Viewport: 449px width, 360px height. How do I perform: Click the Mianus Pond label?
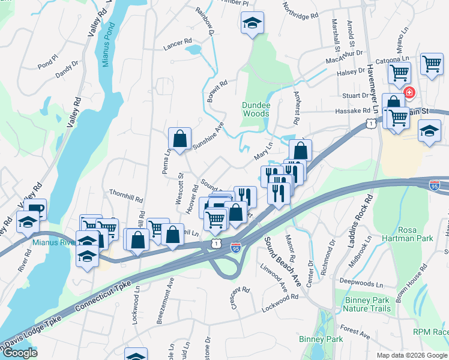107,46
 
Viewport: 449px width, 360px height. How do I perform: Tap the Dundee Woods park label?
255,109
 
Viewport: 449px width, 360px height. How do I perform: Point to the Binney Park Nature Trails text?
366,304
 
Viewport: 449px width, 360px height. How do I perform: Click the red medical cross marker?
409,93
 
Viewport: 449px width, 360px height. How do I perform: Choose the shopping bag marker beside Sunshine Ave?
179,139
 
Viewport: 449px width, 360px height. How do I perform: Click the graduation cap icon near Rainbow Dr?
252,23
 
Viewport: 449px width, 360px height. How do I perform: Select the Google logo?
19,353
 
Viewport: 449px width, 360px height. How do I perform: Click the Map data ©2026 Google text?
411,355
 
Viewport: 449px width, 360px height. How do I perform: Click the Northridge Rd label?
300,14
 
